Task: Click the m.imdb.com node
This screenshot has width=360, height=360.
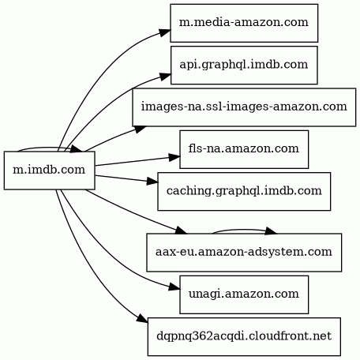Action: (49, 171)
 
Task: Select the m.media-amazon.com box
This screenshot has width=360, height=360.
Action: (244, 23)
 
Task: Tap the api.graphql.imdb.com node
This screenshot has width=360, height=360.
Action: (244, 65)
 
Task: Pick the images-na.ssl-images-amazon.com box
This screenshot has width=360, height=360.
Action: (244, 107)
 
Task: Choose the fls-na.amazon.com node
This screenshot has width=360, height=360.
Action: (244, 149)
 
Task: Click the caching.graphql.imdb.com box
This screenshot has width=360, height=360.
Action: (244, 191)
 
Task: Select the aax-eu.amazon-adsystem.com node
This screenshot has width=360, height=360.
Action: (244, 253)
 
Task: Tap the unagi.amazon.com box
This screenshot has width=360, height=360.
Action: (244, 294)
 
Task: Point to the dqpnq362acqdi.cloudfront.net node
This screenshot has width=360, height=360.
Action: (244, 336)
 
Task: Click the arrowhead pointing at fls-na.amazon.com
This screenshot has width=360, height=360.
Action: (174, 157)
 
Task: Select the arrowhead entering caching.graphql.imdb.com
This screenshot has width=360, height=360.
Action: (152, 182)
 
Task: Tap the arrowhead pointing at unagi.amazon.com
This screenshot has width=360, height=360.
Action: (174, 287)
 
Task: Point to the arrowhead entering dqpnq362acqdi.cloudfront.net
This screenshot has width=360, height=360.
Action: (142, 319)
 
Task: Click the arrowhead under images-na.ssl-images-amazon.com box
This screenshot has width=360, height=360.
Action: (140, 129)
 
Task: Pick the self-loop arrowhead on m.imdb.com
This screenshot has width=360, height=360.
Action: (77, 148)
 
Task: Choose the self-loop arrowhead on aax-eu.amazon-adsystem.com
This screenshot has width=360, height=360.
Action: (271, 231)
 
